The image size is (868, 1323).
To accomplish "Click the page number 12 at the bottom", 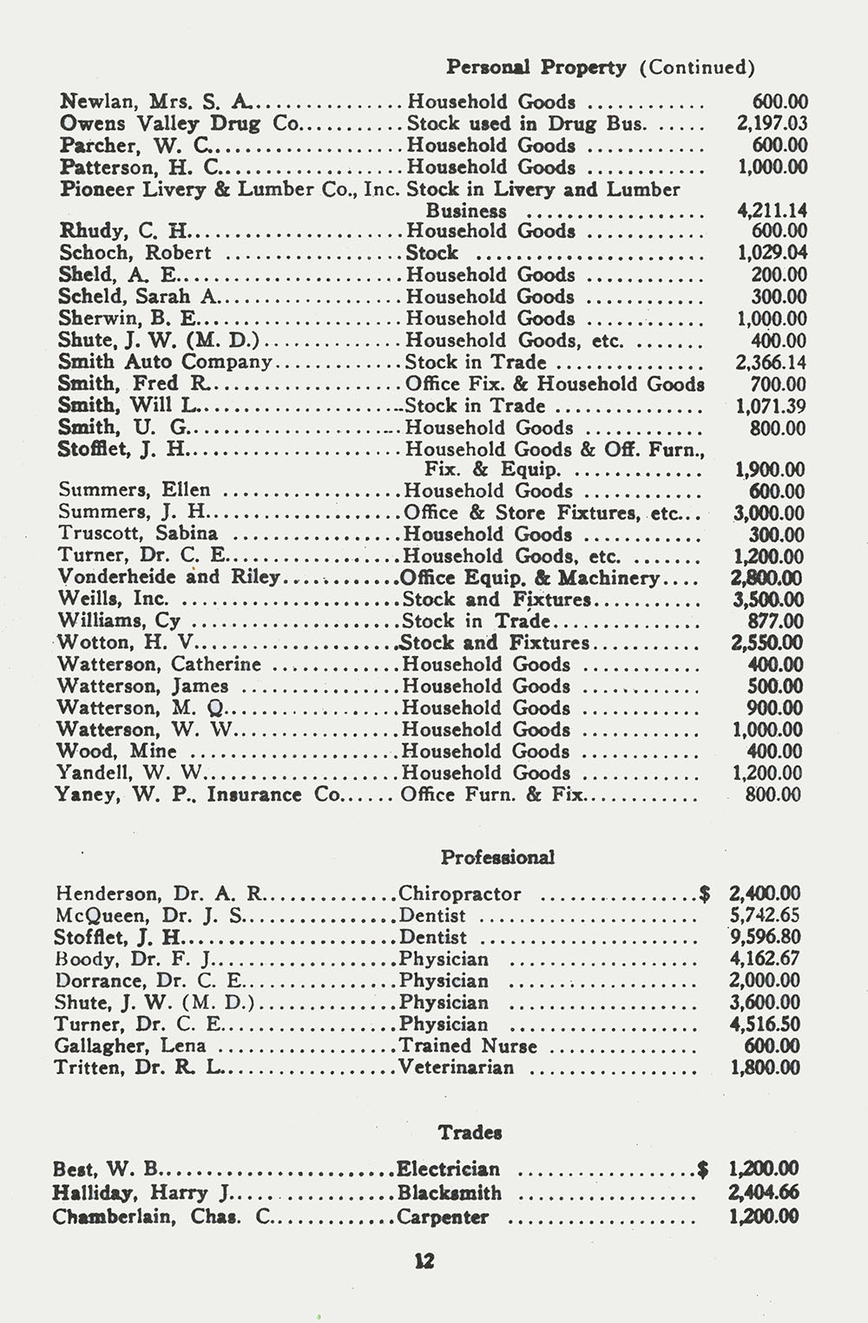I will (x=424, y=1261).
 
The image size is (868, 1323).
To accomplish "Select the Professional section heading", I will (x=497, y=857).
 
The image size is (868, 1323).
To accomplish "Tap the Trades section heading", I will (x=470, y=1132).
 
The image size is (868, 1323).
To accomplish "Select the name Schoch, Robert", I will (x=135, y=252).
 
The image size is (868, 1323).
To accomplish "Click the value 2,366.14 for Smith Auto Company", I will (x=771, y=363).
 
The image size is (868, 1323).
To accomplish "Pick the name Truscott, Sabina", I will (x=137, y=534).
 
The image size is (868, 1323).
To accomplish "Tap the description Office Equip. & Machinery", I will (x=530, y=578).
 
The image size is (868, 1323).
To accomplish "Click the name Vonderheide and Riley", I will (x=168, y=577).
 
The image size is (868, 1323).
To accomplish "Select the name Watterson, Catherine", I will (x=159, y=665).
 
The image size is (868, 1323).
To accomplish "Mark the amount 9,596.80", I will (x=766, y=937).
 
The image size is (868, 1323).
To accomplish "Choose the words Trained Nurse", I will (x=468, y=1046).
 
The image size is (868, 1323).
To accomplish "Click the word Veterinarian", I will (x=457, y=1068).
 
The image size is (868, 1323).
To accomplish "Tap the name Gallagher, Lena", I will (x=130, y=1046).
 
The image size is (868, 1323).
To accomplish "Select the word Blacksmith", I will (x=450, y=1193).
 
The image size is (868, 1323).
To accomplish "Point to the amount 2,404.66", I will (x=764, y=1193).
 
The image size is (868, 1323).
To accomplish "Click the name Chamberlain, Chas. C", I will (x=163, y=1216).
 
